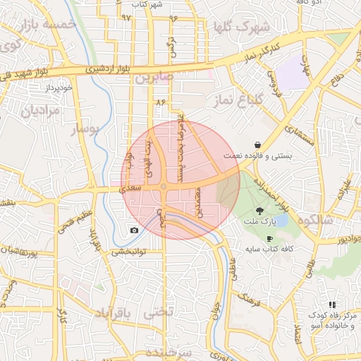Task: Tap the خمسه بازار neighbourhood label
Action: click(x=49, y=25)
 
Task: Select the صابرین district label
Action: click(x=154, y=77)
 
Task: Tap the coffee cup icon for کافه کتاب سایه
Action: click(x=269, y=239)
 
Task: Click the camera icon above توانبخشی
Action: click(x=134, y=231)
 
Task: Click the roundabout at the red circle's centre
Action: click(x=164, y=186)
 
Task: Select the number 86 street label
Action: click(x=160, y=103)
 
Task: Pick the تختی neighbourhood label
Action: click(x=157, y=312)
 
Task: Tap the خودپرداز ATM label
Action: click(x=59, y=88)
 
